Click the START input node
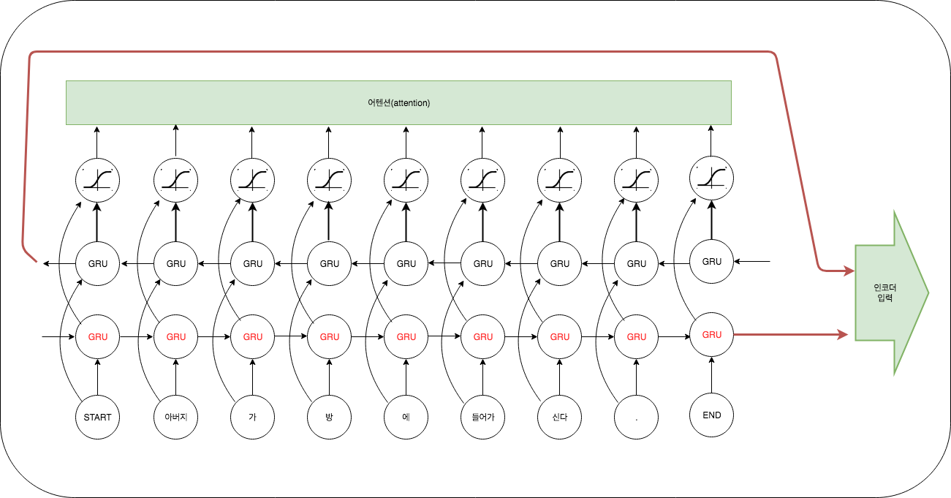tap(97, 418)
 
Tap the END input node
tap(711, 415)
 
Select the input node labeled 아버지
tap(175, 418)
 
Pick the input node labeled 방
tap(329, 418)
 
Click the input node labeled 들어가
tap(482, 418)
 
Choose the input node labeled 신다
tap(559, 418)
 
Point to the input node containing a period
tap(636, 418)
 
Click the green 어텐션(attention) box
tap(398, 102)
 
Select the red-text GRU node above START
tap(97, 337)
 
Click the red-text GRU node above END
tap(711, 335)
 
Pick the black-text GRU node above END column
tap(711, 261)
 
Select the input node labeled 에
tap(406, 418)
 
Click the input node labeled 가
tap(252, 418)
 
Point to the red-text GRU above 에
tap(406, 337)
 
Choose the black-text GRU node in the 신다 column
tap(559, 263)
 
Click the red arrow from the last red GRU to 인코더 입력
tap(789, 335)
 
